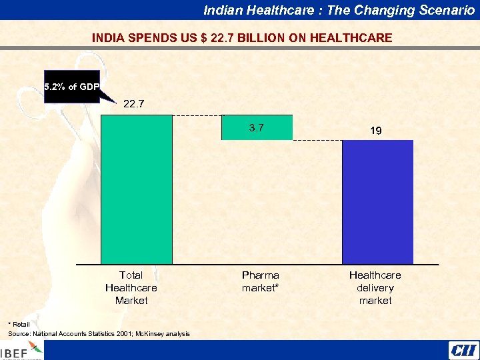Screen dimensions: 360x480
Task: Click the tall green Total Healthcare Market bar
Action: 136,190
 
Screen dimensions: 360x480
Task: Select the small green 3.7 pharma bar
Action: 257,127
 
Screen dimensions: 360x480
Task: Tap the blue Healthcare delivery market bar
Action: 377,202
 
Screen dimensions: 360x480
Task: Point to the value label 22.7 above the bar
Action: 133,103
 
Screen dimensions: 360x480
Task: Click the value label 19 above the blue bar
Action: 376,131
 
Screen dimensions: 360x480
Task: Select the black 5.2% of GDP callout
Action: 70,87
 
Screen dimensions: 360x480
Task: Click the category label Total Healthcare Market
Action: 131,287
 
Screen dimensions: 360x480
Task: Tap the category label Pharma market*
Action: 260,281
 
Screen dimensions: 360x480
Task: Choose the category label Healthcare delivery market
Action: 375,287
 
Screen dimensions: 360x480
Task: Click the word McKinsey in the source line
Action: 153,333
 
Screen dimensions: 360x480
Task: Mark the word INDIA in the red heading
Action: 107,38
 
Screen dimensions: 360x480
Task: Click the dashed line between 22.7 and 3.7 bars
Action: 197,115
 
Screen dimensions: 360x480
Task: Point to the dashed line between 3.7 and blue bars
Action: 317,140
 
